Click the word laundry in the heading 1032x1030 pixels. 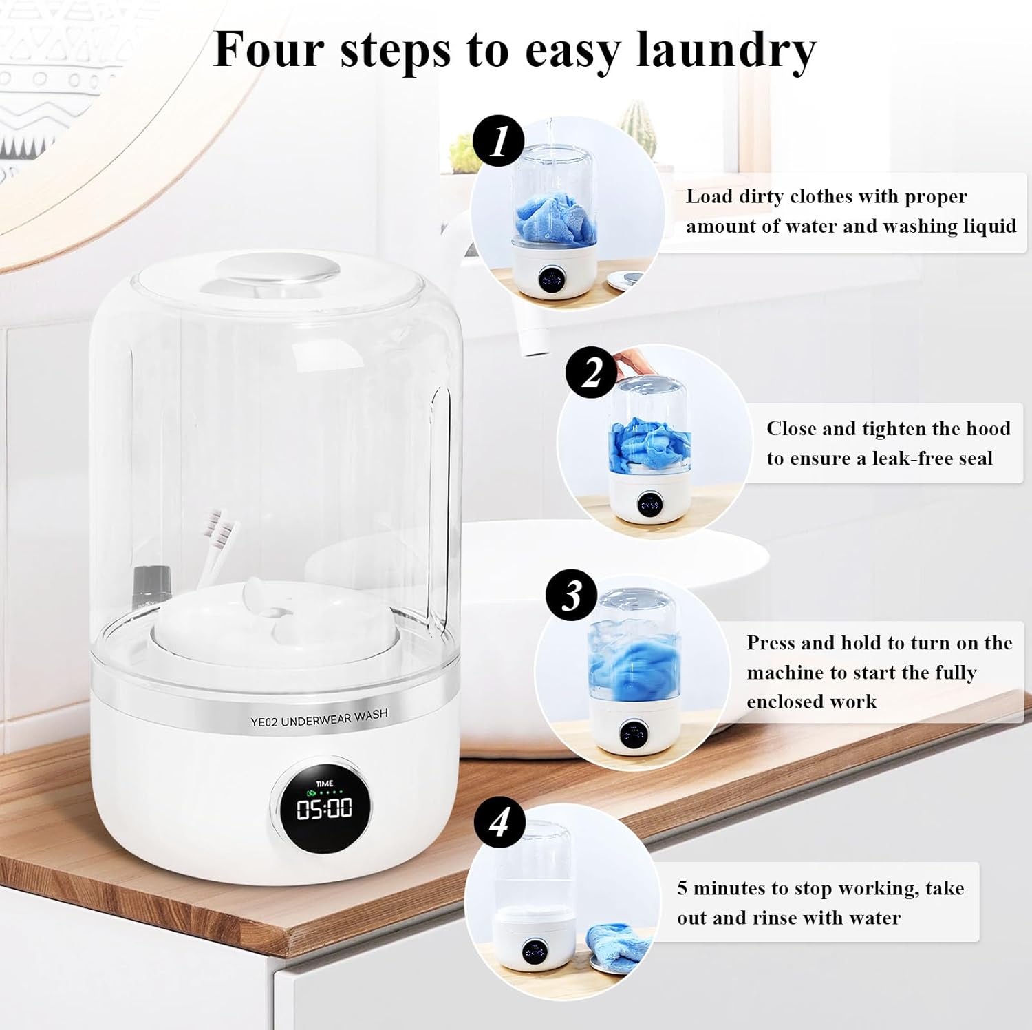tap(726, 50)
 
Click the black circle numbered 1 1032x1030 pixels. tap(498, 141)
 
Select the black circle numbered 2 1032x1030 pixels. tap(591, 372)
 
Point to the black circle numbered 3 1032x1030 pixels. tap(571, 595)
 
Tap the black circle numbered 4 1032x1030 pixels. tap(499, 821)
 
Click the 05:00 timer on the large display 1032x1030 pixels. tap(324, 808)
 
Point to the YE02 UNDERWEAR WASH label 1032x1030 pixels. tap(319, 718)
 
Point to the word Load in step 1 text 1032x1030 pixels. tap(709, 197)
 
